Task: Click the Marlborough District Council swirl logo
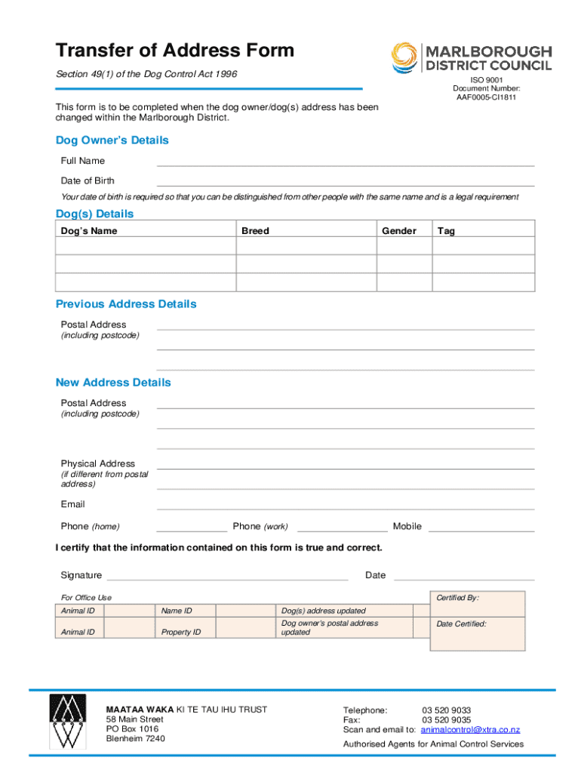point(404,57)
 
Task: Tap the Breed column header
point(255,231)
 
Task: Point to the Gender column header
point(398,231)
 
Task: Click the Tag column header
point(446,231)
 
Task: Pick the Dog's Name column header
point(89,231)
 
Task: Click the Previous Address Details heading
point(126,304)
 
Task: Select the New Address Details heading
point(113,383)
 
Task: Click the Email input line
point(345,507)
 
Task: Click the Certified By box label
point(457,598)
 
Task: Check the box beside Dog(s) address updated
point(421,611)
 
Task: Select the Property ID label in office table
point(181,632)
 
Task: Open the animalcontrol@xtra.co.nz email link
point(470,730)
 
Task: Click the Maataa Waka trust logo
point(68,722)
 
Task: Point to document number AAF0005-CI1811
point(486,97)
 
